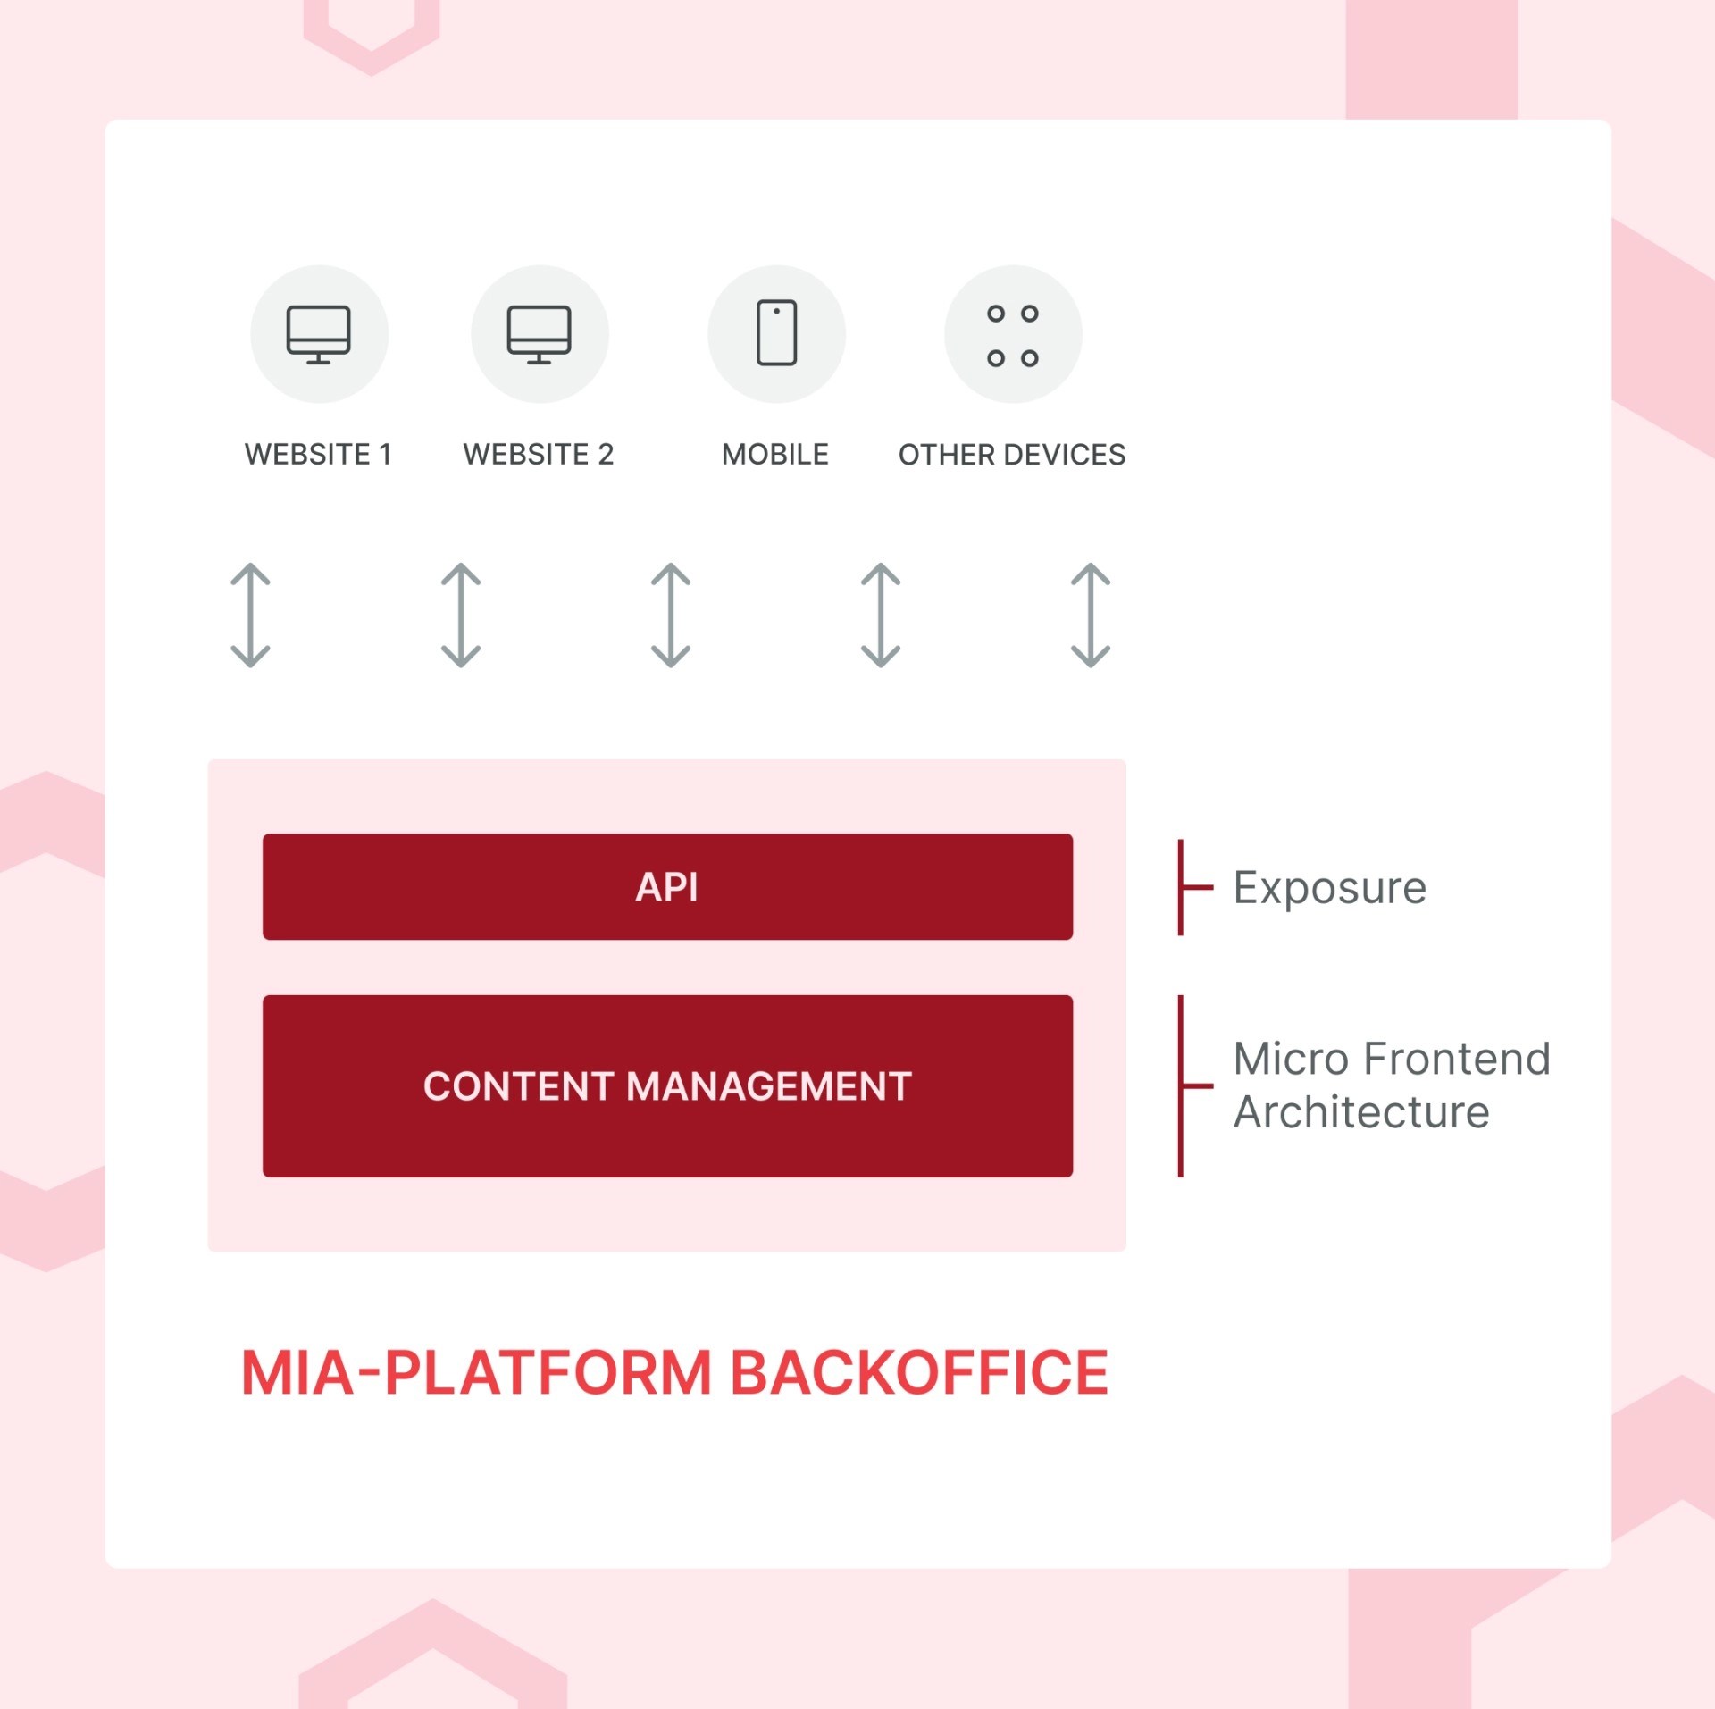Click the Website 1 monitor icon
(x=319, y=334)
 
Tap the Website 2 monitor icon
(x=540, y=334)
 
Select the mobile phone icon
(x=776, y=333)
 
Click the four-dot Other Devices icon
(x=1013, y=335)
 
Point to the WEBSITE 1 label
(x=318, y=454)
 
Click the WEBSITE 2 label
(x=538, y=454)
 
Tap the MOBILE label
(x=774, y=454)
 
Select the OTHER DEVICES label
(x=1011, y=455)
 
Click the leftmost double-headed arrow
(x=251, y=615)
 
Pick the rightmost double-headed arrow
(x=1090, y=615)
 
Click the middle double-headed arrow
(x=671, y=615)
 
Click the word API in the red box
(x=666, y=886)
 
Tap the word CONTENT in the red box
(x=518, y=1086)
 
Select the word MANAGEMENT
(x=769, y=1086)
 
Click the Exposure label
(x=1329, y=887)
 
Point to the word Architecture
(x=1360, y=1112)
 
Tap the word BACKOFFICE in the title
(x=919, y=1372)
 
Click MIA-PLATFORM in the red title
(x=476, y=1372)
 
